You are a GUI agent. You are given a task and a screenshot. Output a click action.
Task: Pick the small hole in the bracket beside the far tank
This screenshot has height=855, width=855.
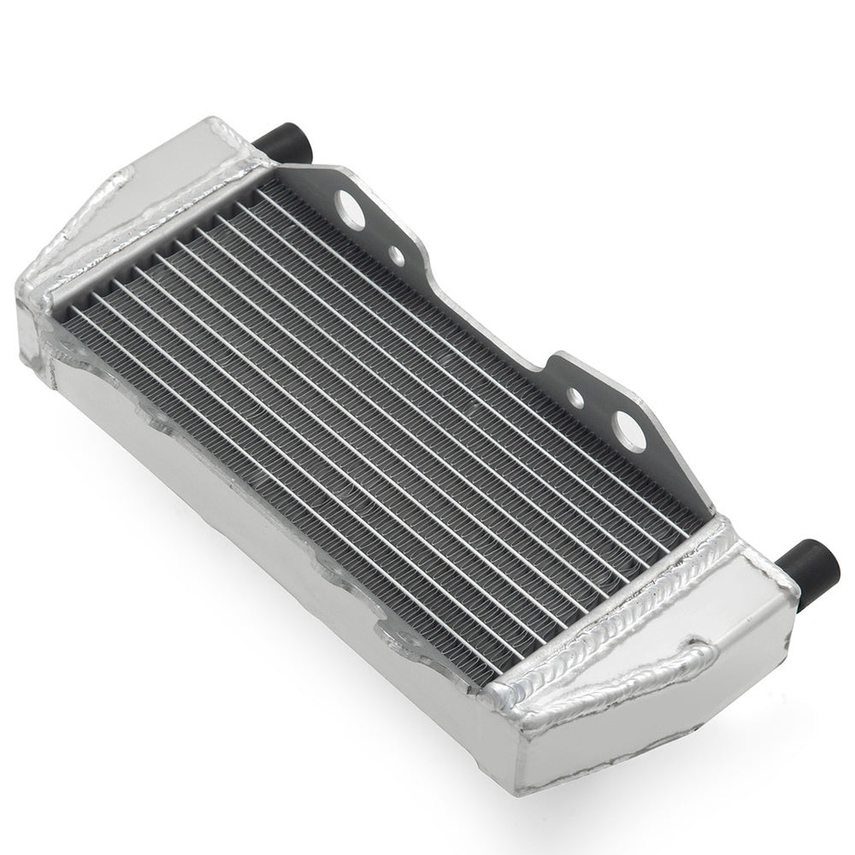(396, 254)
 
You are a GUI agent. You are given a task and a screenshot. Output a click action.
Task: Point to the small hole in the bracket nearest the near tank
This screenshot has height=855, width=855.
(575, 396)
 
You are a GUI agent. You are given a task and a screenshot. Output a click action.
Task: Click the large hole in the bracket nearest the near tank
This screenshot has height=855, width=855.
(630, 430)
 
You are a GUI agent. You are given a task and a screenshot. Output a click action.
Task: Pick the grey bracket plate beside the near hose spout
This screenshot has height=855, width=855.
(675, 479)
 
